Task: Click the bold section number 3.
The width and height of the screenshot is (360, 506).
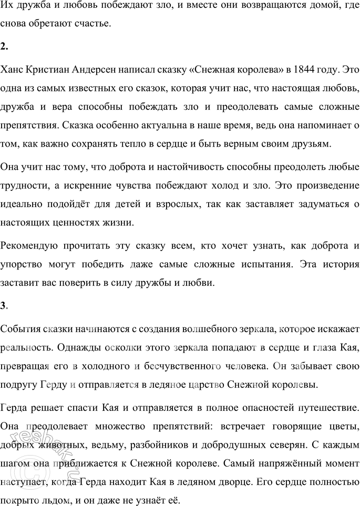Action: pyautogui.click(x=4, y=306)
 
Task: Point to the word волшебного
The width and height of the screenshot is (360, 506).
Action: pyautogui.click(x=206, y=329)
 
